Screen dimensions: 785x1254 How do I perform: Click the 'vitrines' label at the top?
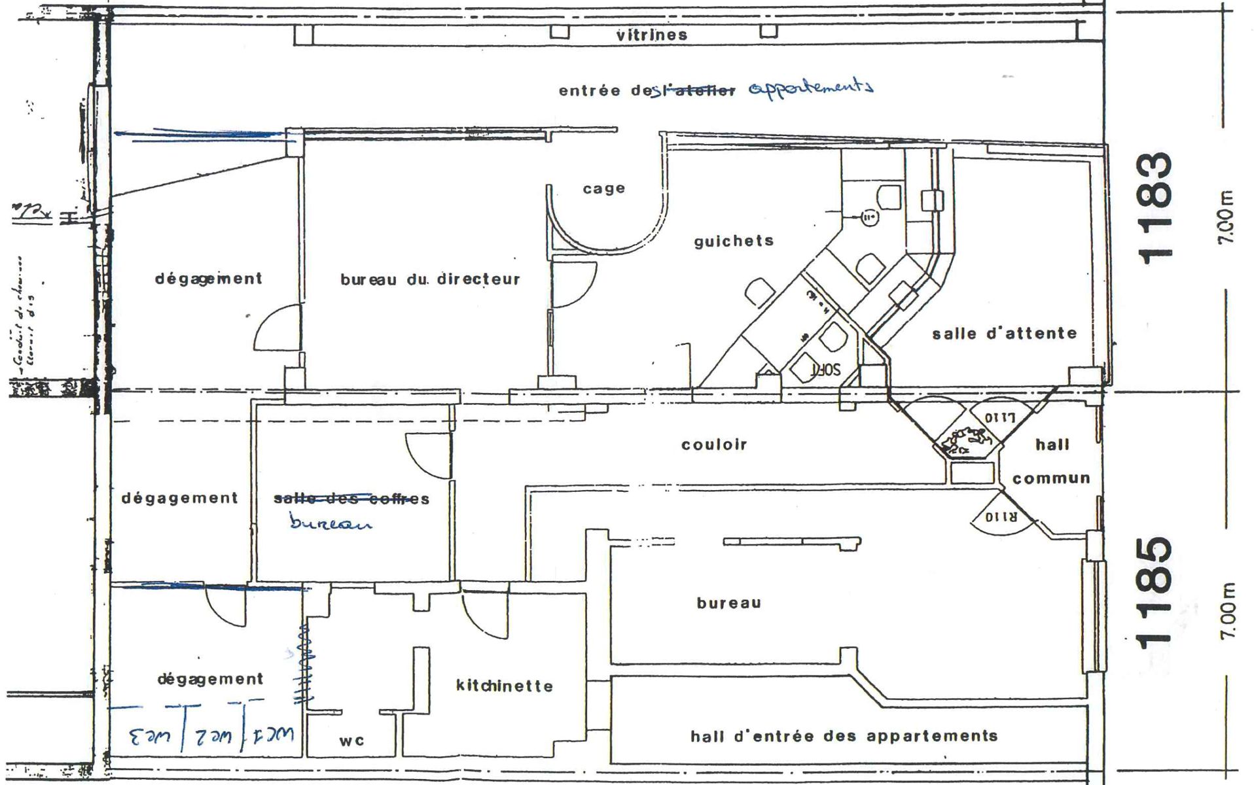(651, 35)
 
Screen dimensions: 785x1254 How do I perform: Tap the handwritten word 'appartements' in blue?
(810, 88)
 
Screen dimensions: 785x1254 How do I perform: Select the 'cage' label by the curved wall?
(603, 189)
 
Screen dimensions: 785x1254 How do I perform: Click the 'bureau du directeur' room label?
(430, 280)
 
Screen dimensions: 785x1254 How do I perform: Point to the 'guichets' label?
(734, 241)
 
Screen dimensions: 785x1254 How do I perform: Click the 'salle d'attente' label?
(1004, 334)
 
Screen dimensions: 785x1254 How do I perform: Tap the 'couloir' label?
(714, 445)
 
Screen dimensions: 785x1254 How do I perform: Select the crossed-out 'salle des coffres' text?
(351, 499)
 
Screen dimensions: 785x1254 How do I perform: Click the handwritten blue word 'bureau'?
(330, 523)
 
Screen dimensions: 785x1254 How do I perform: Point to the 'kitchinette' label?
(504, 686)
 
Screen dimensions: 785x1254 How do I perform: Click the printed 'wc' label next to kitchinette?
(351, 741)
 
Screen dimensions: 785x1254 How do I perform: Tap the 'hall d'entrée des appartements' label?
(844, 737)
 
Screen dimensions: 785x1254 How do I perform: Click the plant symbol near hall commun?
(965, 442)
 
